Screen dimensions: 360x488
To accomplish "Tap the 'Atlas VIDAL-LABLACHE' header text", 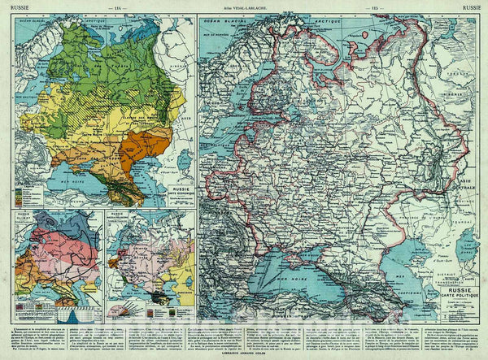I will (242, 7).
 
